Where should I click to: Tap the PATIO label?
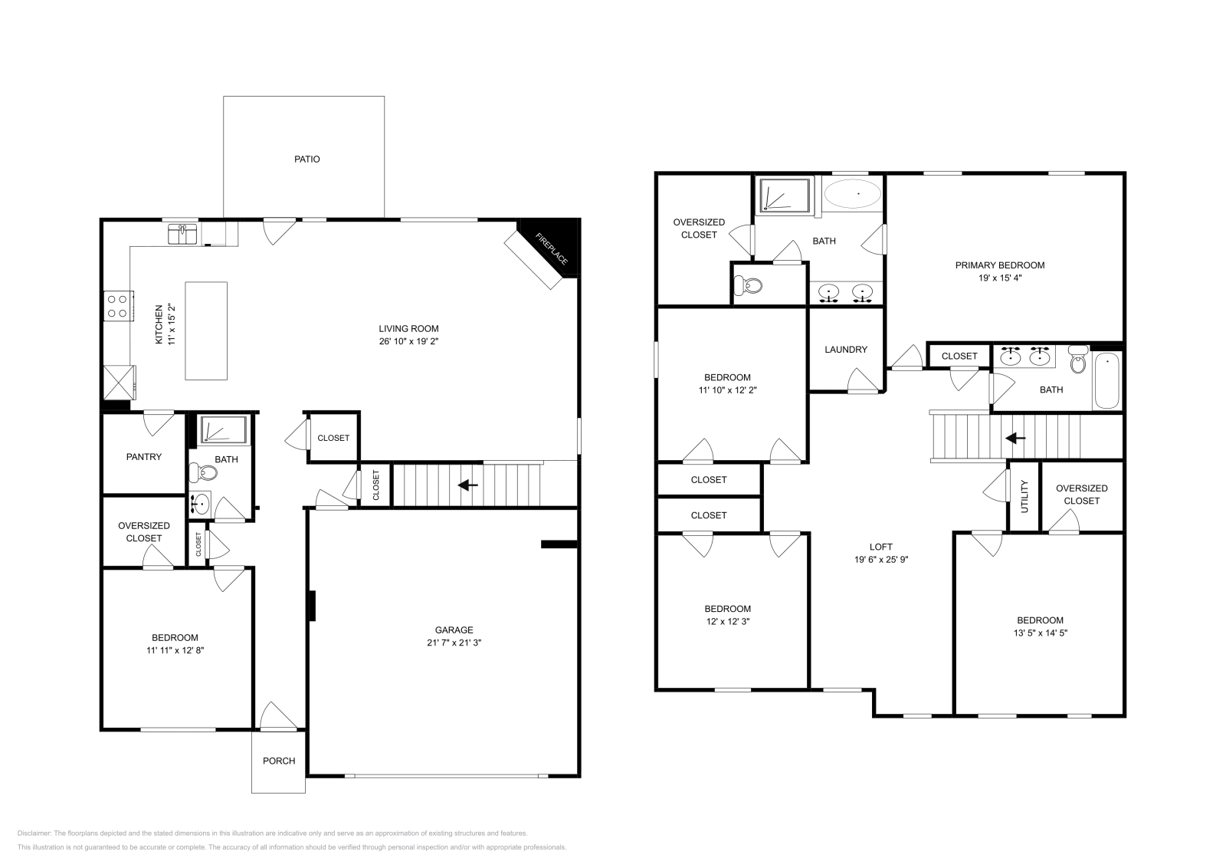[306, 159]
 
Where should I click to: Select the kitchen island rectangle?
[206, 330]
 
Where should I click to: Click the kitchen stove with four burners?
[117, 306]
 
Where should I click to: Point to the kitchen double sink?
[182, 234]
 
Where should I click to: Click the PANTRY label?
[144, 457]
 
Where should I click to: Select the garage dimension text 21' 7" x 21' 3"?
[454, 643]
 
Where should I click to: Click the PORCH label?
[279, 761]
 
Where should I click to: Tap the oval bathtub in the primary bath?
[853, 194]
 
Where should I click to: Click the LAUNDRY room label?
[846, 350]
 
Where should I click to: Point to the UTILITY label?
[1024, 497]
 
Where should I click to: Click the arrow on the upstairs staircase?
[1015, 438]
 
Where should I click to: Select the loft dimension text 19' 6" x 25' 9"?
[881, 559]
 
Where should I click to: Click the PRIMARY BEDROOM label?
[999, 265]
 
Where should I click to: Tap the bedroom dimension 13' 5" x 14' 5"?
[1040, 633]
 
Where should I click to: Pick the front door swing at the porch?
[277, 717]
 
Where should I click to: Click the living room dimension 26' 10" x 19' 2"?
[408, 341]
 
